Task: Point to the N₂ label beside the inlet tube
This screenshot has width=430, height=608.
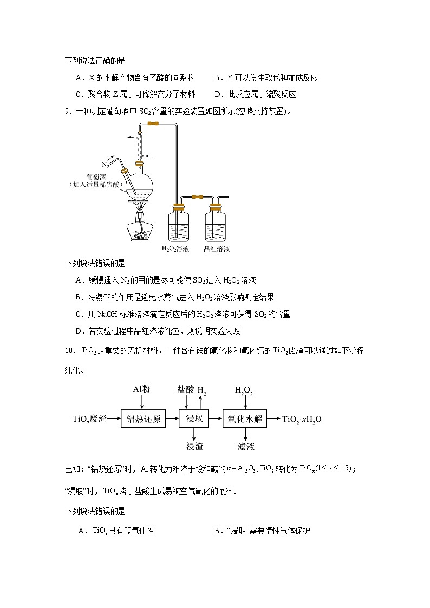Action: pos(106,165)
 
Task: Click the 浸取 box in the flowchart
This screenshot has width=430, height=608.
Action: pos(194,419)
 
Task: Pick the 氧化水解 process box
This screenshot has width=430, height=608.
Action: pos(245,419)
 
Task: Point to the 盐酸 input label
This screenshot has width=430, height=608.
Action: pos(185,390)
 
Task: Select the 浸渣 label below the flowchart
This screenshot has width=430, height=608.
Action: pos(194,447)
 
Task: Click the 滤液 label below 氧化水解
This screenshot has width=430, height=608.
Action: pos(246,447)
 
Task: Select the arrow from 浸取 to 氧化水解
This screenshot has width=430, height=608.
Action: pos(216,419)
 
